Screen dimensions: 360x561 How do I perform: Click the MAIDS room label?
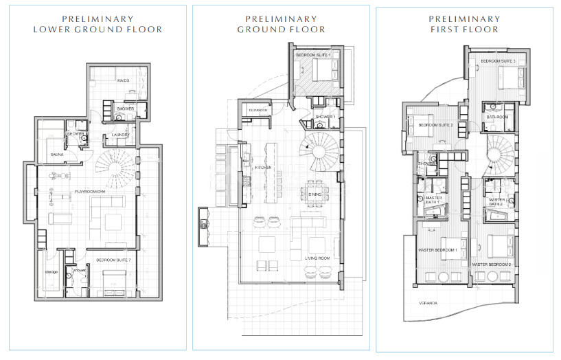click(124, 80)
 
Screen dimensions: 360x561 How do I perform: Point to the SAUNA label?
click(58, 155)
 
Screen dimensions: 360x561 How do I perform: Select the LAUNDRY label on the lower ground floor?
click(121, 135)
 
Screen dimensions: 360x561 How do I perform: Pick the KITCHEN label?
click(264, 168)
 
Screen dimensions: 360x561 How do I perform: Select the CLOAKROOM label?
click(258, 108)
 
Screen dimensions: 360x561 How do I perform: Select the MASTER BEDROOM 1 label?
click(438, 250)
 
